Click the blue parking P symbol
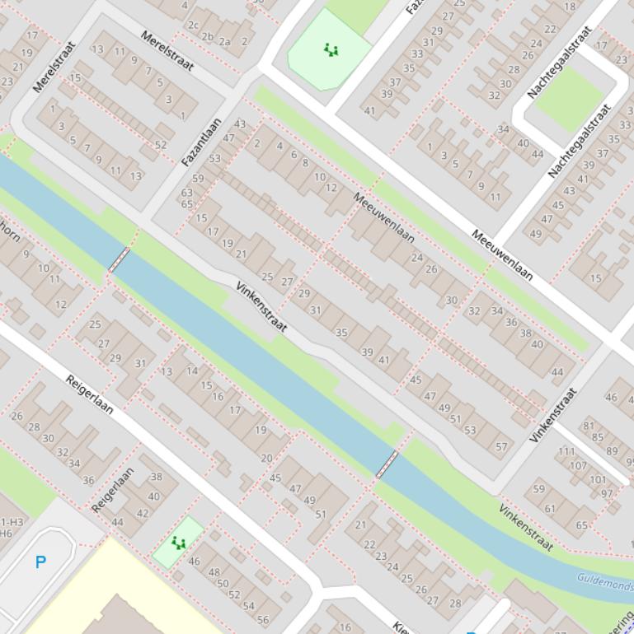coord(40,562)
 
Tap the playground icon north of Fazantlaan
coord(331,50)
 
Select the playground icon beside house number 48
coord(178,543)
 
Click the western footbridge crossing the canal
coord(120,259)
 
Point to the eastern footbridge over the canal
coord(387,464)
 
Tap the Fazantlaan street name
coord(201,142)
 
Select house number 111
coord(566,451)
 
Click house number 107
coord(577,465)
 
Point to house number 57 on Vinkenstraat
coord(501,447)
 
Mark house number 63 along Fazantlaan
coord(187,193)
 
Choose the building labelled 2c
coord(193,26)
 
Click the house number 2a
coord(224,41)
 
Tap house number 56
coord(262,620)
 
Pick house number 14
coord(192,371)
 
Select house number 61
coord(550,509)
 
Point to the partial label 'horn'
coord(10,233)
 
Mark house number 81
coord(588,426)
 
